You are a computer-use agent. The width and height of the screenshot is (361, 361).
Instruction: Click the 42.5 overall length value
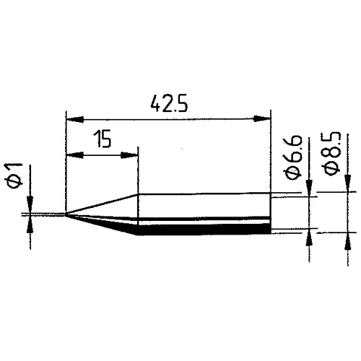click(169, 105)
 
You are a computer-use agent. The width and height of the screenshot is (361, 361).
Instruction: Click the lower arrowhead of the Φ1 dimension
click(30, 222)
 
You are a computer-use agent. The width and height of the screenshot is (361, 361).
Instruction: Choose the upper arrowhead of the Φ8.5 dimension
click(349, 186)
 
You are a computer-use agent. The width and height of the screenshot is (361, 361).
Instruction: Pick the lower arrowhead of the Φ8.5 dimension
click(349, 239)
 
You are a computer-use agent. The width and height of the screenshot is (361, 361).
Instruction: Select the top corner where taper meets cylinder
click(137, 193)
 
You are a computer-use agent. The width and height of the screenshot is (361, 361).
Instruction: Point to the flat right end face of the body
click(271, 213)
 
